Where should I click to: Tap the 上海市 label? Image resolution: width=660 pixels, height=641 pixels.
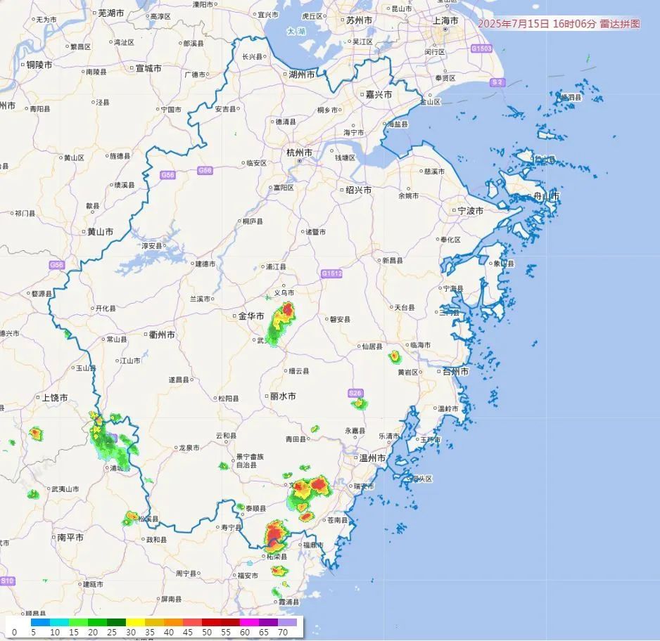(x=445, y=20)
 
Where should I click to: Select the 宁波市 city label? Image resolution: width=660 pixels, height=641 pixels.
(x=470, y=210)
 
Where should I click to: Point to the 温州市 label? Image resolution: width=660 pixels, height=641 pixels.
(x=373, y=458)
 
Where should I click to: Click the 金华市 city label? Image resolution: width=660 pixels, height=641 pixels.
(x=250, y=316)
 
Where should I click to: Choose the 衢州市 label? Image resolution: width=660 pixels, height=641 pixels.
(x=162, y=335)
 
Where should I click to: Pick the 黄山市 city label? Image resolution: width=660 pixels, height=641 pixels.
(x=99, y=231)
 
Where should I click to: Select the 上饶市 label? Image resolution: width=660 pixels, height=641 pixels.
(x=55, y=398)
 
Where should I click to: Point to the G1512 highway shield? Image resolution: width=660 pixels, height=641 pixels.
(x=331, y=273)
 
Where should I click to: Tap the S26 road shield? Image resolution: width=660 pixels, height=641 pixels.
(x=355, y=394)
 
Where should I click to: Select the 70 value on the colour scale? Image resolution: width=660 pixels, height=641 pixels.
(x=282, y=633)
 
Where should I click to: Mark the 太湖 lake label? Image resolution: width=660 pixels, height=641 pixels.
(x=296, y=32)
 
